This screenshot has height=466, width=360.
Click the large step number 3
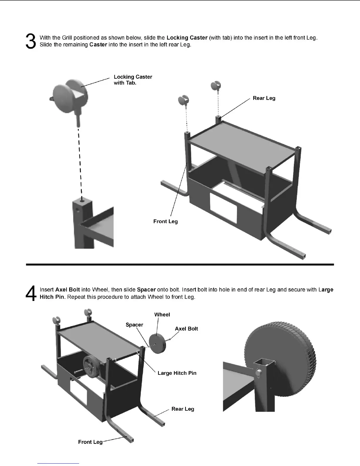31,41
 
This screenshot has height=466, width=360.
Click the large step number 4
31,293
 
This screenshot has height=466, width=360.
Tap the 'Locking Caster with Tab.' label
133,80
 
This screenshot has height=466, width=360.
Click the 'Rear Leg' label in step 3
264,98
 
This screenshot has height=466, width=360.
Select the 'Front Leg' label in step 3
165,222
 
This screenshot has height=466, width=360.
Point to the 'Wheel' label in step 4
162,315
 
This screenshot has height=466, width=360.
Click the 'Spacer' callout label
134,325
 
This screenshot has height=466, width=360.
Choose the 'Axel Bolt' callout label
186,329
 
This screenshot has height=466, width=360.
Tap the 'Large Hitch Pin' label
177,373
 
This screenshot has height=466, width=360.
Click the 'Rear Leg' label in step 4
183,409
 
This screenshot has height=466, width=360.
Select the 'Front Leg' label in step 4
90,442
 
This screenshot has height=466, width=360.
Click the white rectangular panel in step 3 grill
223,207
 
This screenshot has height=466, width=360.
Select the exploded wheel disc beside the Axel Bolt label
157,342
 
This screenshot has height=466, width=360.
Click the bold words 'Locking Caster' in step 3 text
187,38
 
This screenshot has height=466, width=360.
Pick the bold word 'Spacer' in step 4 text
146,290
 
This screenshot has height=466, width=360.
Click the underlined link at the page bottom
58,463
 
